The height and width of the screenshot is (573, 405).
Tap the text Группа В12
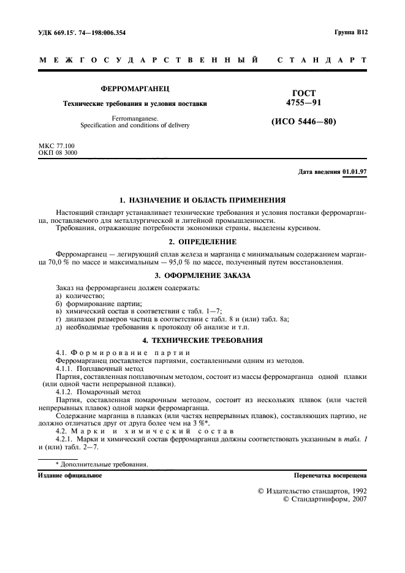coord(350,33)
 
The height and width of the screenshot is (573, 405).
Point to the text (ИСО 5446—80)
coord(304,122)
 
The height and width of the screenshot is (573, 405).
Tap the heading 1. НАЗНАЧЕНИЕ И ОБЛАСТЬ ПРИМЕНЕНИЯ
coord(202,200)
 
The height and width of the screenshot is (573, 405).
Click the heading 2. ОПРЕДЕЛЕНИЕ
coord(202,242)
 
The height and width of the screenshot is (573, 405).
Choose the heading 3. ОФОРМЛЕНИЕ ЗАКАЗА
coord(202,275)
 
